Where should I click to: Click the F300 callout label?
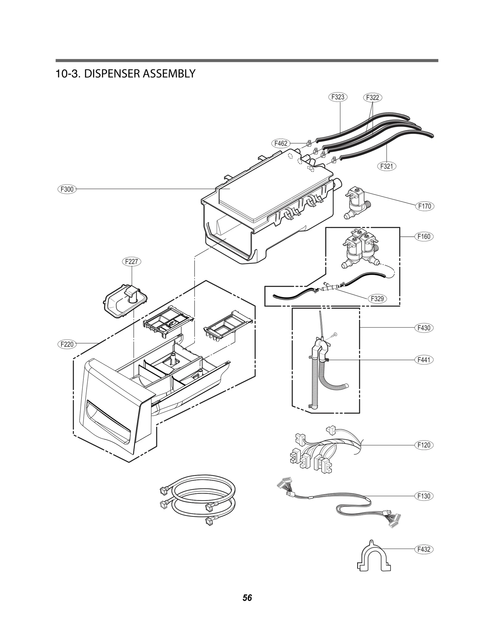tap(67, 189)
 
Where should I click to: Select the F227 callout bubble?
tap(132, 262)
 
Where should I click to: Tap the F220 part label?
tap(67, 344)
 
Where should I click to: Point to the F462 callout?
tap(281, 143)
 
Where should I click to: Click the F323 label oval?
tap(338, 97)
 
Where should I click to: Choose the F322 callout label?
tap(372, 98)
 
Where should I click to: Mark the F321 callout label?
tap(387, 166)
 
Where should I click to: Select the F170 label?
tap(425, 206)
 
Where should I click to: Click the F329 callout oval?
tap(377, 298)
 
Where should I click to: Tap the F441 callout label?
tap(424, 360)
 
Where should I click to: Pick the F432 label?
tap(424, 549)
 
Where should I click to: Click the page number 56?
tap(247, 598)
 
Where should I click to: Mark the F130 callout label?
tap(424, 496)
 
